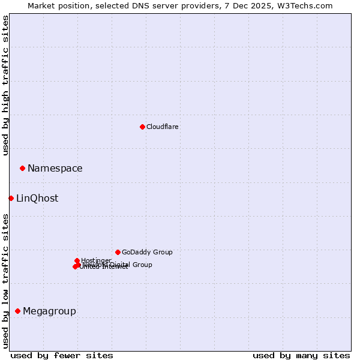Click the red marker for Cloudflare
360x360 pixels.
tap(142, 127)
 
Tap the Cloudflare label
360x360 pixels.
tap(163, 127)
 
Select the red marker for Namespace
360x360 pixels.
tap(22, 168)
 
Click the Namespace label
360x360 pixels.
tap(55, 169)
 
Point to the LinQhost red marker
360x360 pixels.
tap(11, 198)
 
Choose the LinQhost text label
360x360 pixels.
tap(37, 199)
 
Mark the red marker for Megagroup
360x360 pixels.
tap(17, 311)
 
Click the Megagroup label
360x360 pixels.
tap(49, 311)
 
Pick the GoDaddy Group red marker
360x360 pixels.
tap(118, 252)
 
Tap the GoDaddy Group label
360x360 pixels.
tap(147, 253)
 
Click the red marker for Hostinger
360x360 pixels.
tap(77, 260)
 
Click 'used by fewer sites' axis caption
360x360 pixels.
tap(62, 355)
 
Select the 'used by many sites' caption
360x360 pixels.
tap(301, 355)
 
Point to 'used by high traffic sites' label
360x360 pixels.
tap(5, 85)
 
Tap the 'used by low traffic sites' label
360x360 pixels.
tap(5, 280)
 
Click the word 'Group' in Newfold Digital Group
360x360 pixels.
tap(142, 265)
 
